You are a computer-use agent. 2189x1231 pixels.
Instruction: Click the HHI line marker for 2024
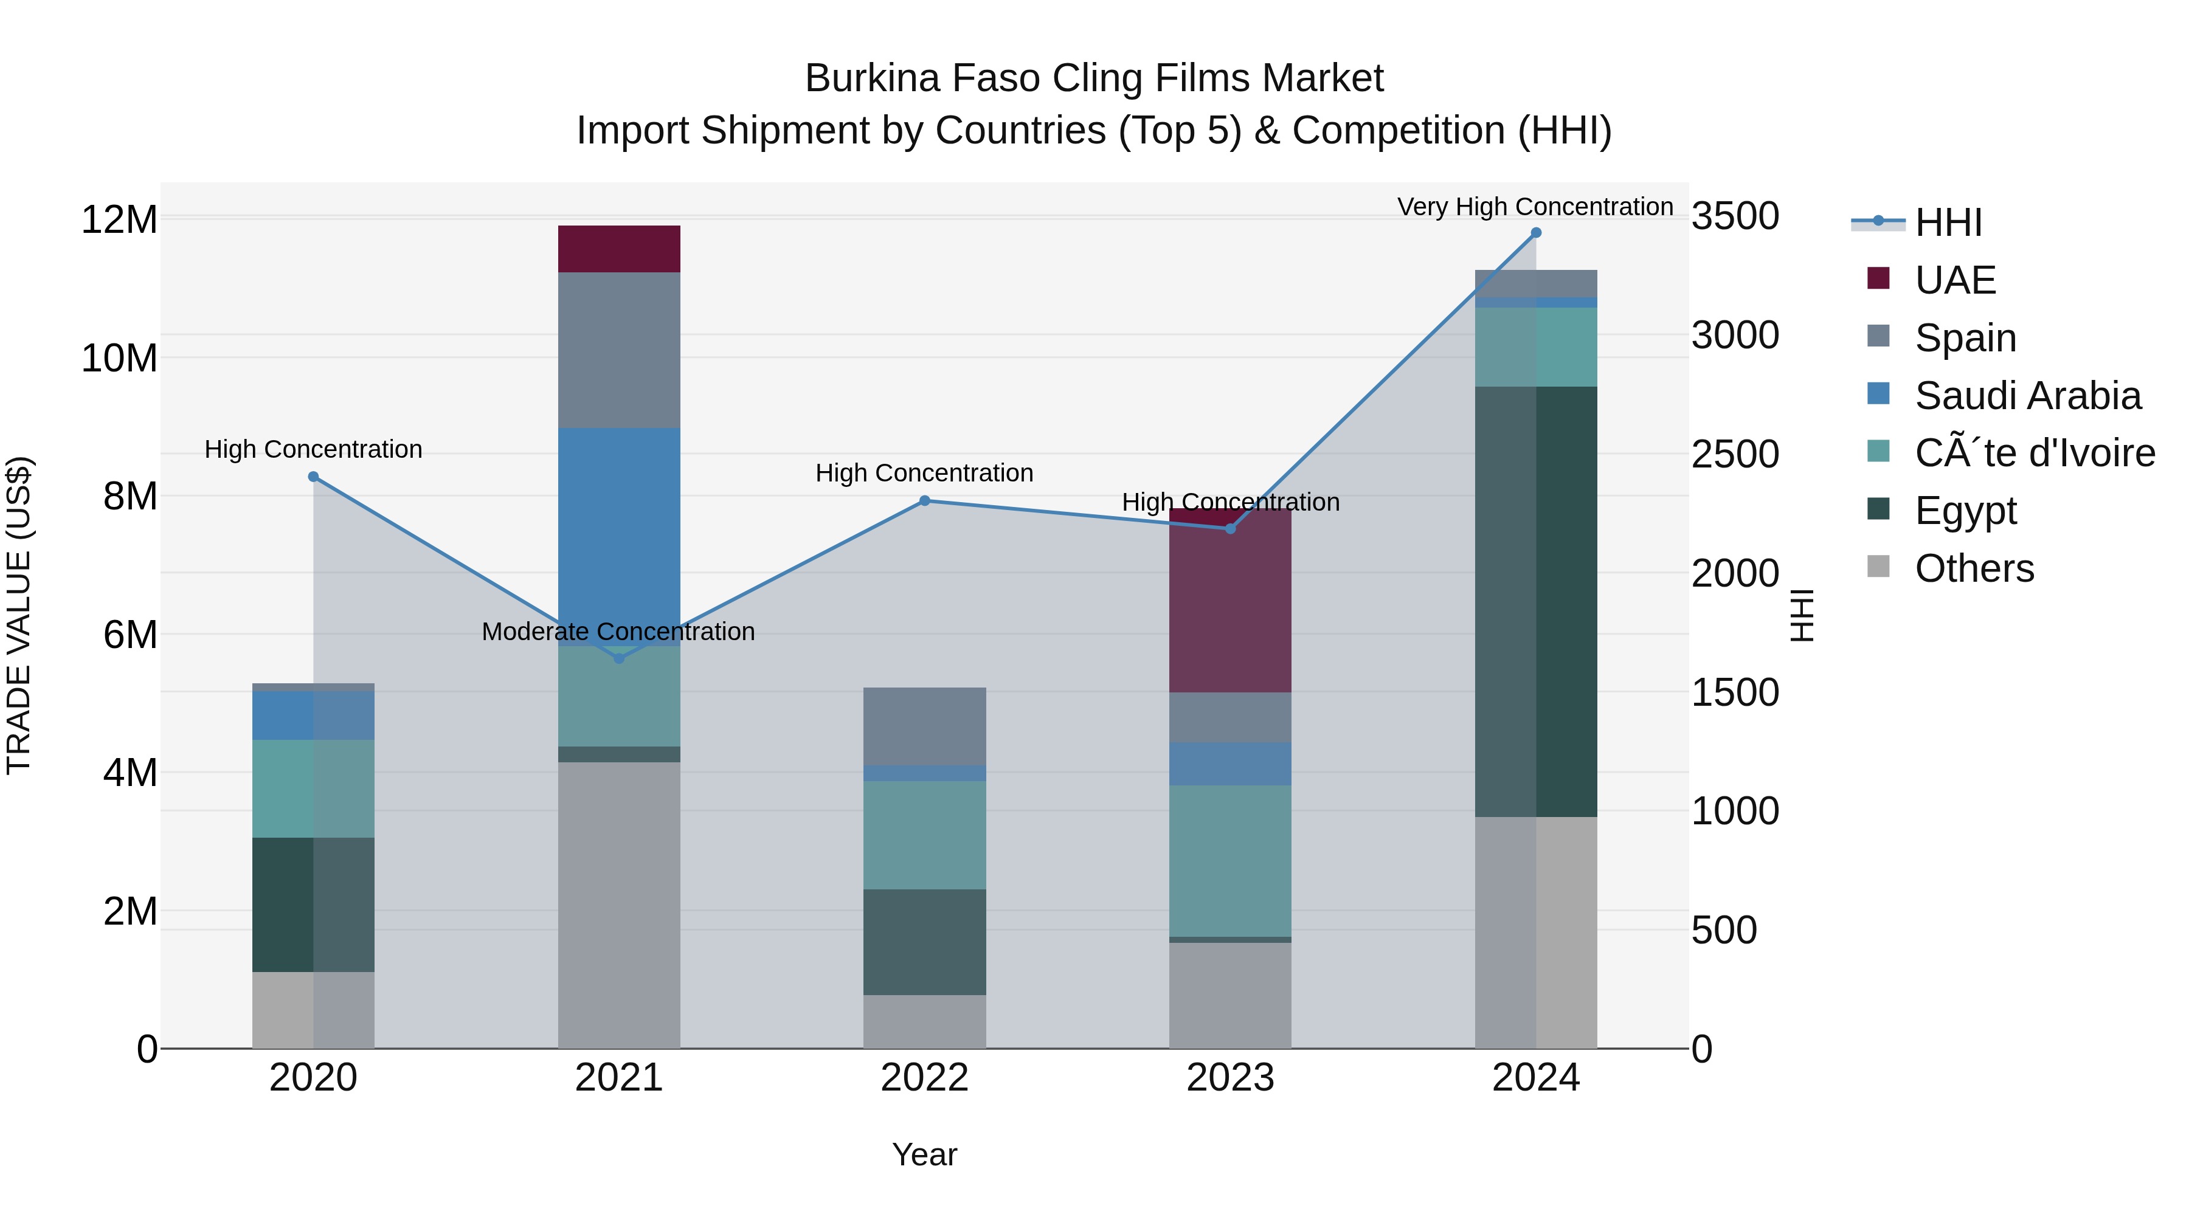click(x=1535, y=233)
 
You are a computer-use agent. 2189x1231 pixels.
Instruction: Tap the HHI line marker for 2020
click(x=314, y=477)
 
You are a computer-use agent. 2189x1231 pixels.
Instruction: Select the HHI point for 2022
click(x=924, y=500)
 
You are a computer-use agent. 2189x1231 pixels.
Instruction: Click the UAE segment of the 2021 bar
click(x=618, y=249)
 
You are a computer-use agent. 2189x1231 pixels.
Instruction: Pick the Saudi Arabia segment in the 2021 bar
click(x=618, y=535)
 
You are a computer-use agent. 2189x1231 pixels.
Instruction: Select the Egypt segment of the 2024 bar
click(x=1535, y=601)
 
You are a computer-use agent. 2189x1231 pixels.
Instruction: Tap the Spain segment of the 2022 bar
click(x=924, y=726)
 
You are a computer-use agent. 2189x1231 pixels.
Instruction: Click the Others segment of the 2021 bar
click(x=618, y=905)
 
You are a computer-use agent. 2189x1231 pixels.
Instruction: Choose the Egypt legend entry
click(x=1965, y=511)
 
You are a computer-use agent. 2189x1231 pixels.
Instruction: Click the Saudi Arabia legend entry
click(x=2027, y=396)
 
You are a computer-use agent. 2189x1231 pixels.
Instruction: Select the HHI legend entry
click(x=1948, y=222)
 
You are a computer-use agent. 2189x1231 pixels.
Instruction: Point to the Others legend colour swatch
click(x=1878, y=567)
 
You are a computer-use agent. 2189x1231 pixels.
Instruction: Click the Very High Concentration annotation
click(x=1535, y=207)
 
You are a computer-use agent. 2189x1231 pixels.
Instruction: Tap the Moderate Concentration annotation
click(x=618, y=631)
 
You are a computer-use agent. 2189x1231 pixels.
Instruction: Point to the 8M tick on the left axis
click(x=130, y=496)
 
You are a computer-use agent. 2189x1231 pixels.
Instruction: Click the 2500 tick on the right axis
click(x=1734, y=453)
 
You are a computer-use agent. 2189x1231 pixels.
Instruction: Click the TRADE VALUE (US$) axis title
click(x=19, y=615)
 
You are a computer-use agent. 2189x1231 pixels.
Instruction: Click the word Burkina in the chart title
click(x=872, y=78)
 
